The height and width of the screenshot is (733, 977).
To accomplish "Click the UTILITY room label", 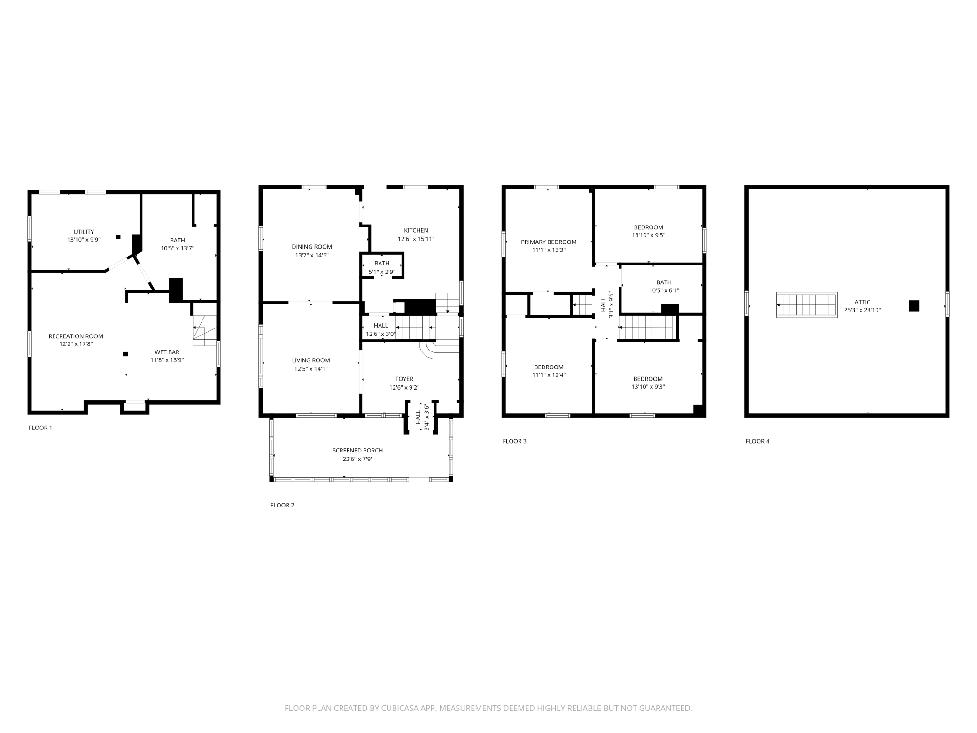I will (x=84, y=232).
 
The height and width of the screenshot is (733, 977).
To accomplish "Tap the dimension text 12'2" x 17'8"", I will (x=76, y=344).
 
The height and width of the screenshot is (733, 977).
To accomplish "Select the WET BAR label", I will (x=167, y=352).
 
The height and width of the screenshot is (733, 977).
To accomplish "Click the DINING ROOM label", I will (x=311, y=247).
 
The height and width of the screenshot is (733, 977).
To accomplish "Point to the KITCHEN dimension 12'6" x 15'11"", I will (x=416, y=239).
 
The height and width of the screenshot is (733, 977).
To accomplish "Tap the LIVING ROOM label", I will (x=310, y=360).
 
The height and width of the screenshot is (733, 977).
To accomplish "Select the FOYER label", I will (x=404, y=379).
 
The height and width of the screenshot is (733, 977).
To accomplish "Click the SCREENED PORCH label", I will (x=357, y=450).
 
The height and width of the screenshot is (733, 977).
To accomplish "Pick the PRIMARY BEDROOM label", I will (x=548, y=242).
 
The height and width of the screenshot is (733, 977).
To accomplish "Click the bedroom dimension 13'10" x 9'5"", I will (x=648, y=235).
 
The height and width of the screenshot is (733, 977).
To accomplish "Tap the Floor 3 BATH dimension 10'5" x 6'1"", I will (x=664, y=290).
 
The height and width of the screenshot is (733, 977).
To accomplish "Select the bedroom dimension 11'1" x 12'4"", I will (x=549, y=375).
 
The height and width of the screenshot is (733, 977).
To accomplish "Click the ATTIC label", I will (x=862, y=302).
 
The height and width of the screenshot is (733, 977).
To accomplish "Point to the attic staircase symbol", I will (x=806, y=305).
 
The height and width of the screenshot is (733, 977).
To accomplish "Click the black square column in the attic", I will (x=914, y=306).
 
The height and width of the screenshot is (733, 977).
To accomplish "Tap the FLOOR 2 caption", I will (x=282, y=505).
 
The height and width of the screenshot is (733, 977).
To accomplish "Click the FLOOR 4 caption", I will (x=757, y=441).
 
